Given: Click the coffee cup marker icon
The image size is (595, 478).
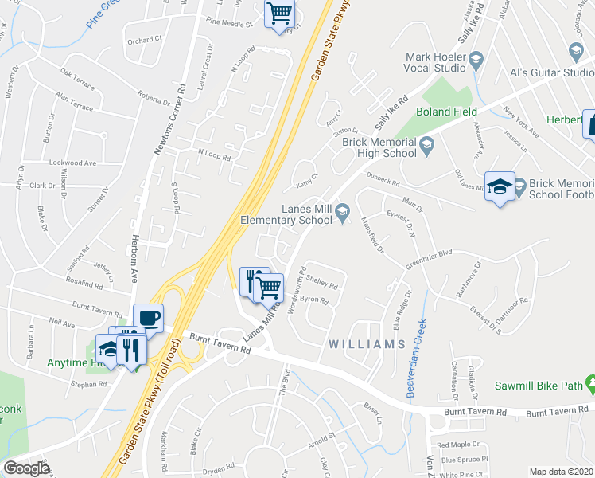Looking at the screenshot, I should [149, 318].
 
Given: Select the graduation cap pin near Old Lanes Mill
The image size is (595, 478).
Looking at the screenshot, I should [500, 187].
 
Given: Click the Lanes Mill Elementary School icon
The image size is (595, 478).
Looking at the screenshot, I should [344, 211].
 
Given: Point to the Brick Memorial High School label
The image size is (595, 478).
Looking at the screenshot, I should [379, 147].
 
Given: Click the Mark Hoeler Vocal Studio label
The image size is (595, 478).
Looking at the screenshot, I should [435, 62].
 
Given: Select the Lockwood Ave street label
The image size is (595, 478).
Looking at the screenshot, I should [72, 163].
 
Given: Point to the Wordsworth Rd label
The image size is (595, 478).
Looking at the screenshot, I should [295, 295].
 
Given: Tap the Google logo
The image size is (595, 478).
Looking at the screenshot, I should [26, 468].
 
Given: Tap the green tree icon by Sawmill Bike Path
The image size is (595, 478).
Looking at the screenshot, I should [590, 386].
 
